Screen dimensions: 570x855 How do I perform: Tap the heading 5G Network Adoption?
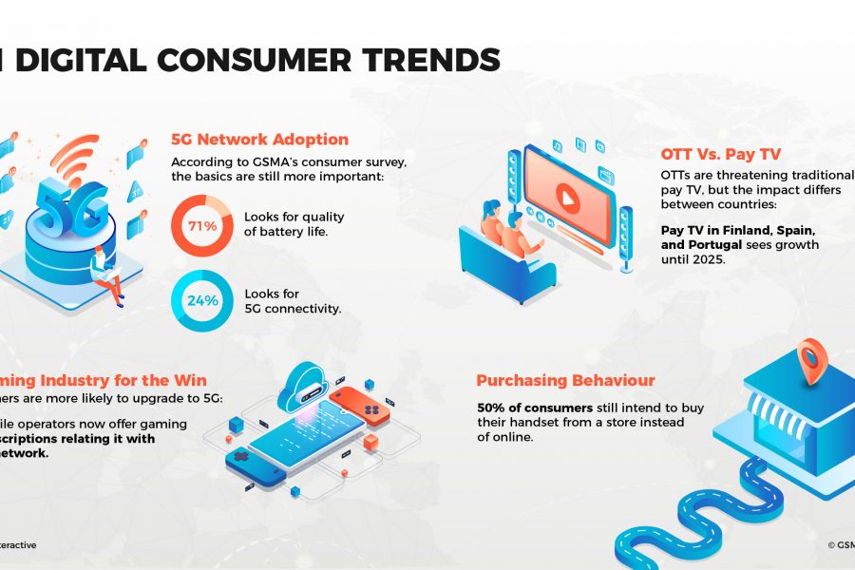(260, 139)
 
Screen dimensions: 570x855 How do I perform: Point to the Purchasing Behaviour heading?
(565, 381)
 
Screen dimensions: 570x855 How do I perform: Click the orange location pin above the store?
(812, 359)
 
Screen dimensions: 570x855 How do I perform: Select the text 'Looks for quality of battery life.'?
(294, 224)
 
